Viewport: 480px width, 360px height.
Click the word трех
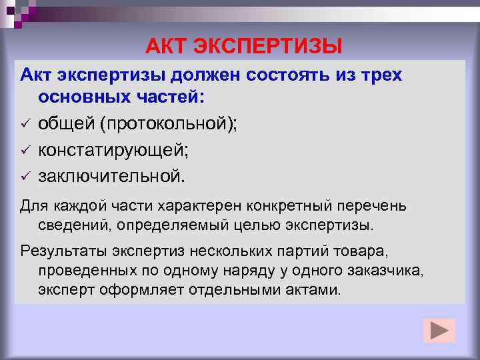[381, 75]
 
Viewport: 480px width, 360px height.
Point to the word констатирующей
[113, 151]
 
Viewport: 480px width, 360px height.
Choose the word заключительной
[109, 177]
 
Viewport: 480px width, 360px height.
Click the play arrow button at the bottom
[439, 331]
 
